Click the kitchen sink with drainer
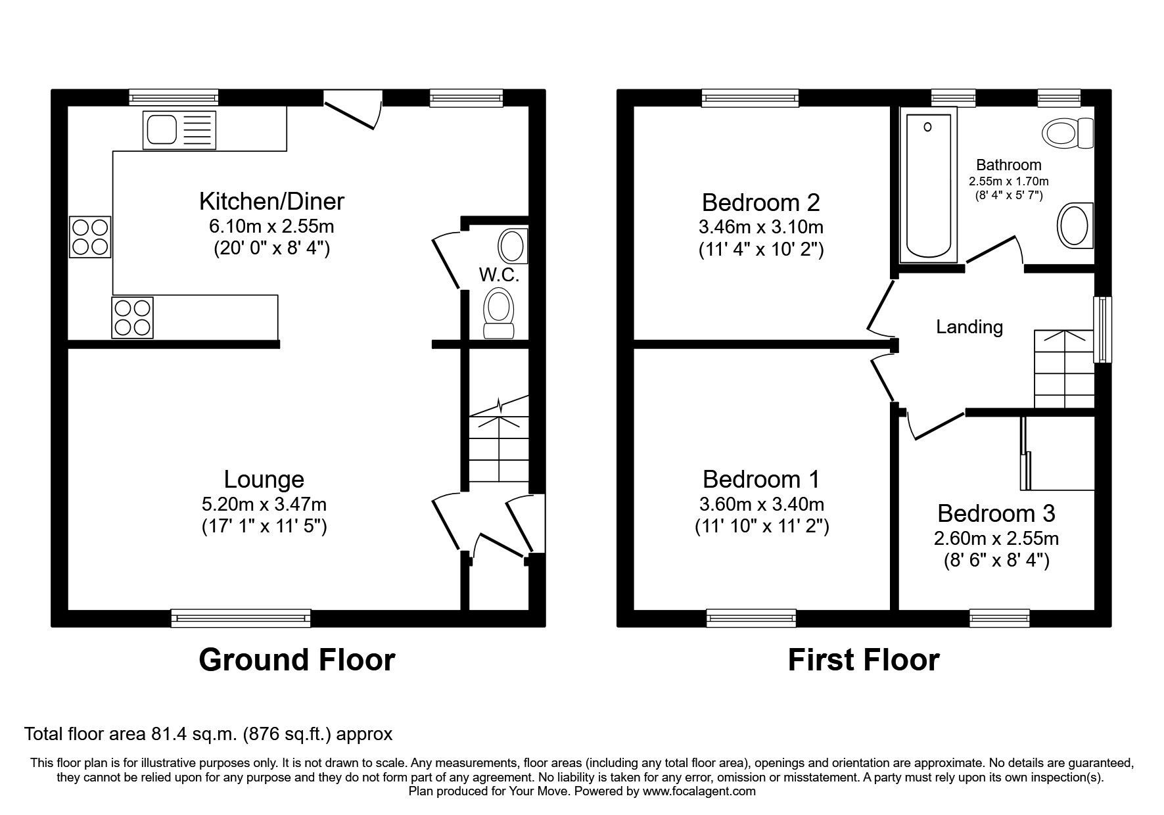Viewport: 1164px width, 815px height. click(179, 129)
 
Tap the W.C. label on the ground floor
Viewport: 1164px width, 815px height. click(499, 275)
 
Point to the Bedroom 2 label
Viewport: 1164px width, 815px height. click(760, 202)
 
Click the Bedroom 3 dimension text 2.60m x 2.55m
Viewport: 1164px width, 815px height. click(996, 539)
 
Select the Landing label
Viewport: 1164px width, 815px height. click(969, 327)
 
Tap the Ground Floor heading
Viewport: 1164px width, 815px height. click(296, 660)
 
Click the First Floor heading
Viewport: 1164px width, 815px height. click(863, 660)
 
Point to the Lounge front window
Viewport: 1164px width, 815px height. click(241, 618)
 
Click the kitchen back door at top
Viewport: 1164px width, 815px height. click(352, 112)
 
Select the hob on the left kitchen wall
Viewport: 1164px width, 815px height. click(90, 238)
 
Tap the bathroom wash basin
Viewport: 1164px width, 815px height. click(1075, 225)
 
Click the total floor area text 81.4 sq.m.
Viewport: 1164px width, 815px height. click(208, 733)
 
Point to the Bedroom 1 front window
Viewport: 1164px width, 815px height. click(751, 618)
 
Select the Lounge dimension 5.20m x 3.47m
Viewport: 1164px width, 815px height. click(264, 505)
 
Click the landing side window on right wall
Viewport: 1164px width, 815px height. click(1102, 330)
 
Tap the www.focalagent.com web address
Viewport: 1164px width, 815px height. click(699, 791)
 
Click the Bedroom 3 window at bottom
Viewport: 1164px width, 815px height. click(999, 618)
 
